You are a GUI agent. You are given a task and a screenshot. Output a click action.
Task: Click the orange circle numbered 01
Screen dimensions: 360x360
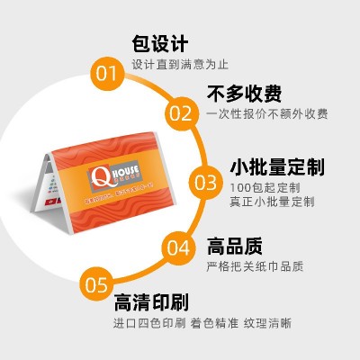pyautogui.click(x=107, y=72)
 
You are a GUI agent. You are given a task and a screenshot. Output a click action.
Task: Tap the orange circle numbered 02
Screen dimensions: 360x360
pyautogui.click(x=180, y=113)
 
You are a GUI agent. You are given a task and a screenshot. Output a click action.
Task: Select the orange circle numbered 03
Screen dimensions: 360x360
pyautogui.click(x=206, y=183)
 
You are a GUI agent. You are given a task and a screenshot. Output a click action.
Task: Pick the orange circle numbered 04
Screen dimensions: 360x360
pyautogui.click(x=179, y=247)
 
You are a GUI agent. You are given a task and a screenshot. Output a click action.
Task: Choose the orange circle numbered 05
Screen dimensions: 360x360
pyautogui.click(x=97, y=286)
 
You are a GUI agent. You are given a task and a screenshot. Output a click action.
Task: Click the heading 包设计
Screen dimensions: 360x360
pyautogui.click(x=159, y=43)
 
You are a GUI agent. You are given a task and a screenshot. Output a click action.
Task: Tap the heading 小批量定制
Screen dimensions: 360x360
pyautogui.click(x=275, y=166)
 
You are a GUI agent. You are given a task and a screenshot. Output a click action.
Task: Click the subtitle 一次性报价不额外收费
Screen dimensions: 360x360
pyautogui.click(x=266, y=114)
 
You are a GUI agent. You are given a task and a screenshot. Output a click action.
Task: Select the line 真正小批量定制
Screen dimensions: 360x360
pyautogui.click(x=271, y=202)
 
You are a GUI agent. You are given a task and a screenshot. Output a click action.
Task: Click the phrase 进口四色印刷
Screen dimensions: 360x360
pyautogui.click(x=149, y=322)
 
